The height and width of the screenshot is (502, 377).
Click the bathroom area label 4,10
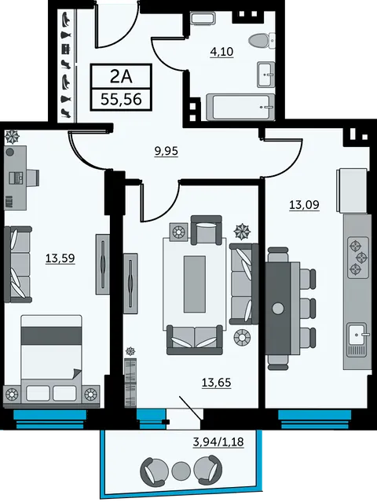pos(221,52)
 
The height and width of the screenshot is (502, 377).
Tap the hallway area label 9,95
pos(166,151)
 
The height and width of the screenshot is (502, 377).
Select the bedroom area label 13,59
pos(60,258)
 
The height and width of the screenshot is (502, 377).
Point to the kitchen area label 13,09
pos(304,204)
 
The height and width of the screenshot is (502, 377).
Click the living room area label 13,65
pos(216,383)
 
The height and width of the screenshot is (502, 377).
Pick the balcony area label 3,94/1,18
pos(218,442)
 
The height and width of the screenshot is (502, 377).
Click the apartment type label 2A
pos(121,76)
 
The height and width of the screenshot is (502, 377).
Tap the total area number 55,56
pos(121,100)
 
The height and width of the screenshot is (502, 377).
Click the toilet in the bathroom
pos(262,41)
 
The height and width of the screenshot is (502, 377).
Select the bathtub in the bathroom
pos(240,108)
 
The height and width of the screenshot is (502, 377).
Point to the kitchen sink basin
pos(357,335)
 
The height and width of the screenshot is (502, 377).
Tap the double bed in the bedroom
pos(52,360)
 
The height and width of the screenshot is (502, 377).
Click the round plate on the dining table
pos(278,309)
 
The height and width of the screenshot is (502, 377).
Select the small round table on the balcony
pos(181,471)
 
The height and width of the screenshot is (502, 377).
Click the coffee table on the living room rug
pos(195,284)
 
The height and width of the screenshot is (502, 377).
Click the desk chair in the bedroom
pos(33,178)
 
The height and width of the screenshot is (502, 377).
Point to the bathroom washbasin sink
pos(266,75)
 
